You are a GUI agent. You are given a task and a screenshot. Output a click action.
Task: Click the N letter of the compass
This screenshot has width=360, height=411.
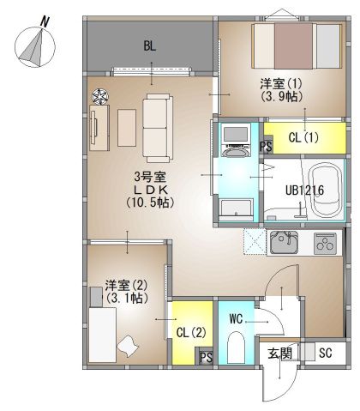click(45, 22)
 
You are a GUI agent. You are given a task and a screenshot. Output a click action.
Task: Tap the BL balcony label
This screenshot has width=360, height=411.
click(150, 45)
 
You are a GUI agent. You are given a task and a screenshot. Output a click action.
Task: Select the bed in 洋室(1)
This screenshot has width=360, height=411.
click(297, 46)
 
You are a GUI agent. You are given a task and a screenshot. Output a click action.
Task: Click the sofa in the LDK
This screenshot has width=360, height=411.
click(158, 128)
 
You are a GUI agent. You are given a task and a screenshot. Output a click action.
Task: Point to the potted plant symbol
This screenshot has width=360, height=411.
click(100, 96)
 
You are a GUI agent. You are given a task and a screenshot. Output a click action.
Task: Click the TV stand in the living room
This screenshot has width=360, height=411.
click(99, 128)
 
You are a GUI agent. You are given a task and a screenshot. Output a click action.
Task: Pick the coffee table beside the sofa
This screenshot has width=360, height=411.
click(127, 128)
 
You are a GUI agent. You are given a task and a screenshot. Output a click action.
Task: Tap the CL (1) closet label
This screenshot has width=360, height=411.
click(303, 138)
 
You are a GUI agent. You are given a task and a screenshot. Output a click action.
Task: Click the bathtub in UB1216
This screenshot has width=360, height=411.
click(327, 190)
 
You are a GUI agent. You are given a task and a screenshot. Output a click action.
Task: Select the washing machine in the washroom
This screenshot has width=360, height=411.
click(236, 142)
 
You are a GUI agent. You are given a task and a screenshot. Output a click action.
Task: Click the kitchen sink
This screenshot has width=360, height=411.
click(284, 243)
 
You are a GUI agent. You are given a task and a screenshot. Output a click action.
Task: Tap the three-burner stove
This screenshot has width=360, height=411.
click(325, 244)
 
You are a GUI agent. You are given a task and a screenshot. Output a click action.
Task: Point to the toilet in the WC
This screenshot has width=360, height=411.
click(236, 347)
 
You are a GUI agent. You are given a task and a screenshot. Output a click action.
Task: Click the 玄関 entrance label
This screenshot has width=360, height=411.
click(280, 354)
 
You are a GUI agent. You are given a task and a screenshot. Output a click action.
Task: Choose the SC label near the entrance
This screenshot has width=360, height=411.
click(326, 354)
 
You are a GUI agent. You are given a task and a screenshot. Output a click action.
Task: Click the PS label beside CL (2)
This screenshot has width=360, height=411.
click(206, 357)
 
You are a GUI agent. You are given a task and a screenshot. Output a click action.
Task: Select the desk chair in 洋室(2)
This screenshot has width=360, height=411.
click(128, 346)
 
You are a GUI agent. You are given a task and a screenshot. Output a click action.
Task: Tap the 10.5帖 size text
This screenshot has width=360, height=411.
click(150, 202)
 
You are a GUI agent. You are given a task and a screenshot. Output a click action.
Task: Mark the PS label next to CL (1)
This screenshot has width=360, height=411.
click(266, 147)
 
